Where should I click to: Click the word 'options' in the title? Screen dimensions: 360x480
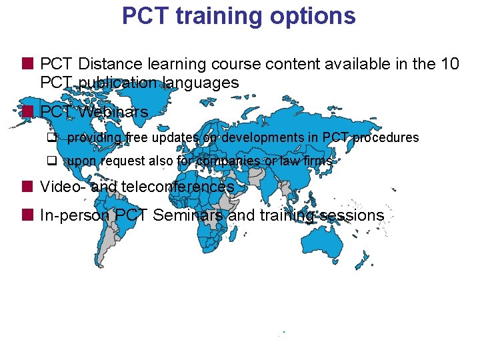pos(313,16)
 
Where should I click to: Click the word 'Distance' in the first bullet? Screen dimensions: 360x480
pos(107,64)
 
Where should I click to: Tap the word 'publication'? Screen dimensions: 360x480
pos(116,83)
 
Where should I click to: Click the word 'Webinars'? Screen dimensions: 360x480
pos(113,111)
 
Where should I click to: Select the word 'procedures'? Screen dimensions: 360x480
pos(386,138)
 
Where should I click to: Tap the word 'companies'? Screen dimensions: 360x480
pos(229,161)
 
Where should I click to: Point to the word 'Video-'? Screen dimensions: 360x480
pos(63,187)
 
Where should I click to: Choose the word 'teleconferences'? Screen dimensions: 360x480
pos(177,187)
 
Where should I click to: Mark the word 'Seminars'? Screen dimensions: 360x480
pos(190,215)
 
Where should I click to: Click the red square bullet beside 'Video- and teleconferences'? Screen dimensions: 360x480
pos(27,186)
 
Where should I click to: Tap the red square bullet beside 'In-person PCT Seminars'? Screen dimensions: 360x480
pos(27,215)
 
